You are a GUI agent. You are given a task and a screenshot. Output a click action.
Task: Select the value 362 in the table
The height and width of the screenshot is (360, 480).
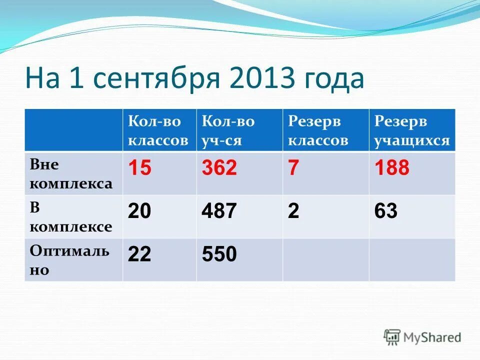coord(219,168)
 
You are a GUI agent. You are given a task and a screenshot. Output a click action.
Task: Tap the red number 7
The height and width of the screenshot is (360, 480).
coord(293,168)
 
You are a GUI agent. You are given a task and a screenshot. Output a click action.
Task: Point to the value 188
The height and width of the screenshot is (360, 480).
coord(392,168)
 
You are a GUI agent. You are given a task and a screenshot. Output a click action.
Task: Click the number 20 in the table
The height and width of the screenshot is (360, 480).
coord(139,211)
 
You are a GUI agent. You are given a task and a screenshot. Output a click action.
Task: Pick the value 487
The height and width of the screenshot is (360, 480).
coord(219,211)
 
